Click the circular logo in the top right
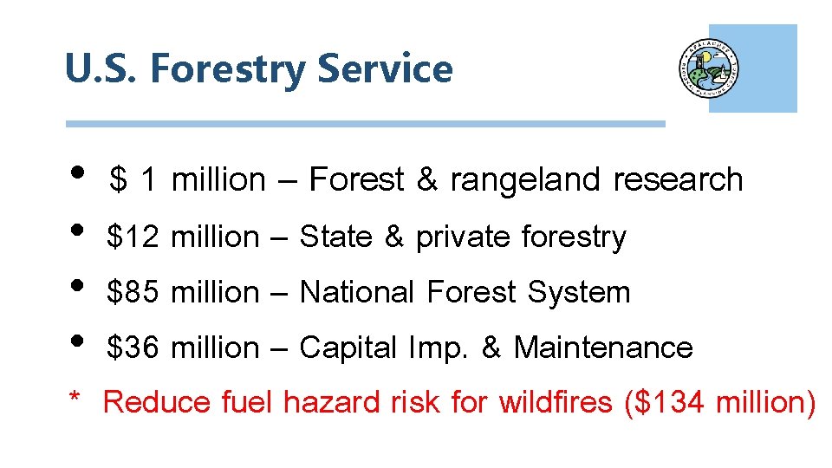click(x=709, y=69)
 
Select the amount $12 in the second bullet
click(x=133, y=237)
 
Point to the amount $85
click(x=133, y=292)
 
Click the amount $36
click(x=133, y=348)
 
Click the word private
click(x=464, y=237)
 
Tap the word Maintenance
click(x=603, y=348)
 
